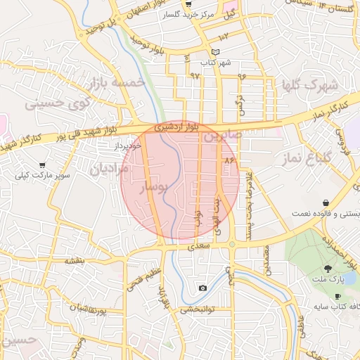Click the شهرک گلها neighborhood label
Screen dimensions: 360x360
click(309, 86)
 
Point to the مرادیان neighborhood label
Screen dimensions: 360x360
click(108, 168)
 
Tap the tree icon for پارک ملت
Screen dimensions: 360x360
click(328, 269)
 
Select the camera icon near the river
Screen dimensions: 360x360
click(203, 288)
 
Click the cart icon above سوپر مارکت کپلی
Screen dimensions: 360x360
click(42, 165)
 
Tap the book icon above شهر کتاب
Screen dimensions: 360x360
click(215, 52)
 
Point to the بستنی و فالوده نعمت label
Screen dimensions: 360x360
click(322, 212)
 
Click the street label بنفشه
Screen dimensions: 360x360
click(75, 260)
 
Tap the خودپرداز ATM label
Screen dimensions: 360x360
click(129, 146)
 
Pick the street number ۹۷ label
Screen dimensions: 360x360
click(195, 75)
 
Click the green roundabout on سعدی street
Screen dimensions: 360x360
click(231, 244)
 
